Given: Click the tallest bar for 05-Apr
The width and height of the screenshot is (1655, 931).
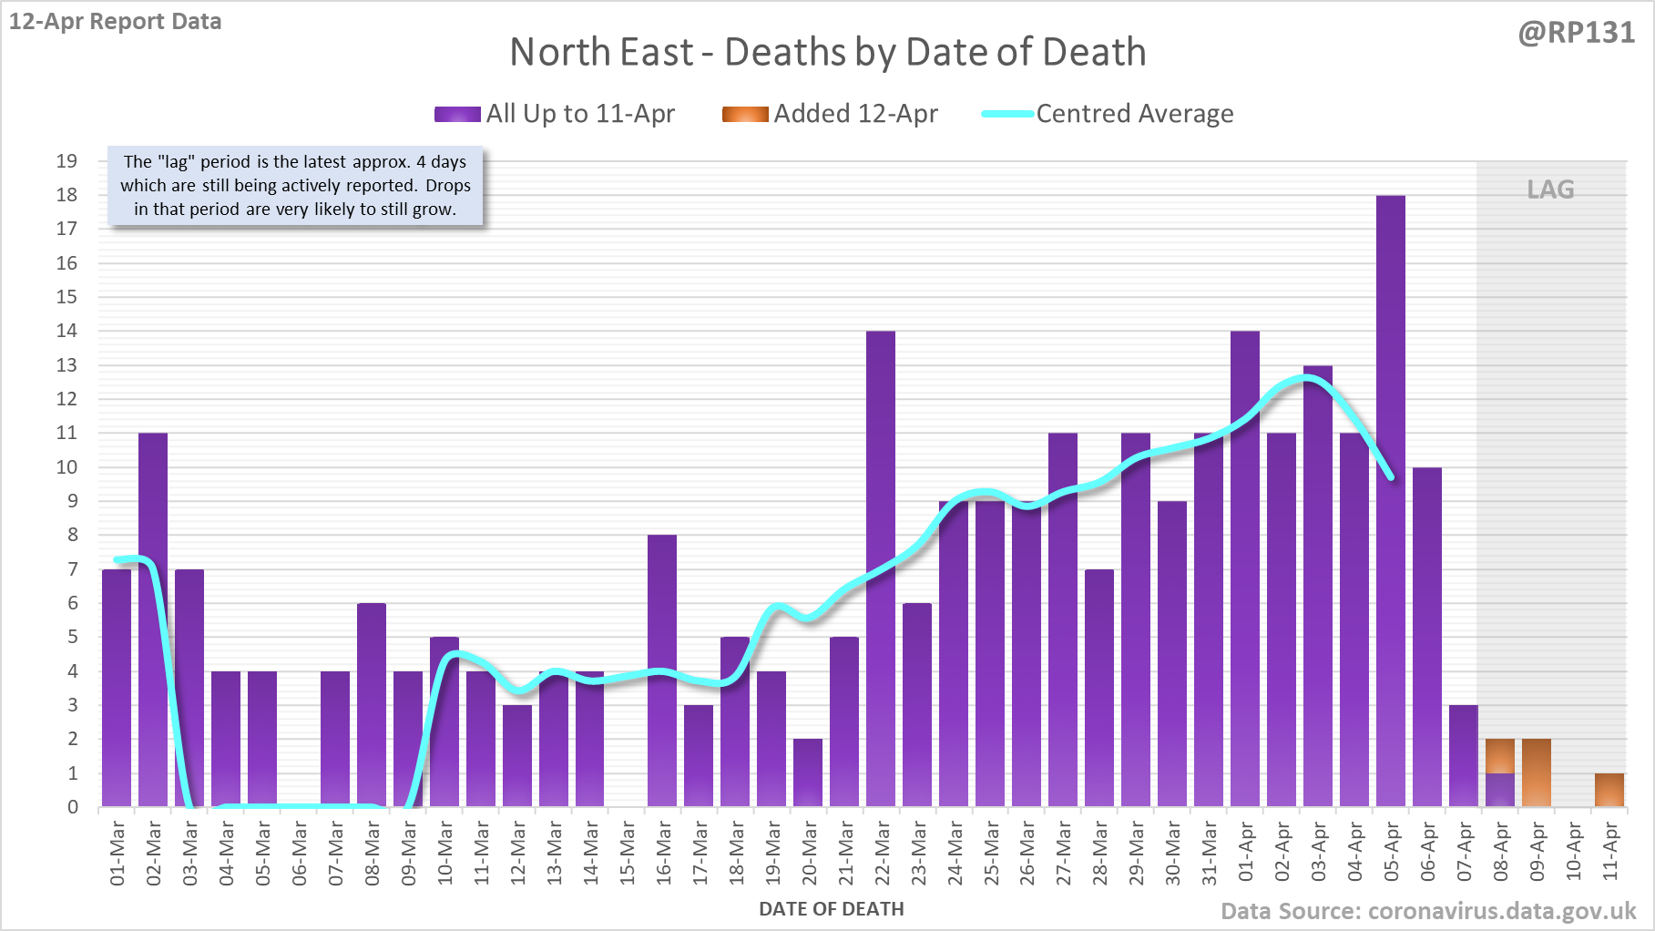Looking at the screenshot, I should [1390, 501].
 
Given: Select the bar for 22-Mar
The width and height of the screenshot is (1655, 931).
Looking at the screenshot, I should [881, 568].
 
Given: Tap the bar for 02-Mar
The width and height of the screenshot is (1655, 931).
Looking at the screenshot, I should [153, 619].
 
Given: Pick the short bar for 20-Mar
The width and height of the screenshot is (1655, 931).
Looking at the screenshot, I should [808, 772].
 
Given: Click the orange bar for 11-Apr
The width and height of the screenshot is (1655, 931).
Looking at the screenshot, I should [1609, 790].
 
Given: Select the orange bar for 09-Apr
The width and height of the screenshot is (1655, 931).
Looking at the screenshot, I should [1536, 772].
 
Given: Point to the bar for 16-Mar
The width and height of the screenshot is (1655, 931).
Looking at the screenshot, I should [662, 670].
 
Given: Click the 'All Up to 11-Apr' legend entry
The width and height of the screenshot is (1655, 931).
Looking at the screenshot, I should [555, 114].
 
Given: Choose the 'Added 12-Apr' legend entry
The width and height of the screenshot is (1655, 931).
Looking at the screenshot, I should [830, 114].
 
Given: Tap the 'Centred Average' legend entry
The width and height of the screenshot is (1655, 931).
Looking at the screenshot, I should [1108, 114].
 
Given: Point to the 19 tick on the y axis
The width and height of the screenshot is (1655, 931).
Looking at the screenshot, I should [66, 161].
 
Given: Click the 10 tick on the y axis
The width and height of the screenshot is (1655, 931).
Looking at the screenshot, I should [66, 467].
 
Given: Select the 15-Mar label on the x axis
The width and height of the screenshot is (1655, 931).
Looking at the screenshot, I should [627, 853].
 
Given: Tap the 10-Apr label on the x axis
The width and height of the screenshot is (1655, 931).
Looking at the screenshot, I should [1573, 853].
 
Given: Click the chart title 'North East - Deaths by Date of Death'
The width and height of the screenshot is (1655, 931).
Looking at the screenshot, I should [827, 52].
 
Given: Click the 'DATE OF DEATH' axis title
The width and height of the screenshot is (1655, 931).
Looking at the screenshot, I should [831, 909].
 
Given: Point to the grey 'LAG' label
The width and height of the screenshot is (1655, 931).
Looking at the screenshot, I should [1550, 189].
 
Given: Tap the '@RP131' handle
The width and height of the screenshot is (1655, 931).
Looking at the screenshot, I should [1577, 33].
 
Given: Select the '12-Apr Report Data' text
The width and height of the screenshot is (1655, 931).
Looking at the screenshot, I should [116, 21].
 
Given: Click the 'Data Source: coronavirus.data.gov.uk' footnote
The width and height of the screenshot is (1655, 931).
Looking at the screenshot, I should [1428, 911].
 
